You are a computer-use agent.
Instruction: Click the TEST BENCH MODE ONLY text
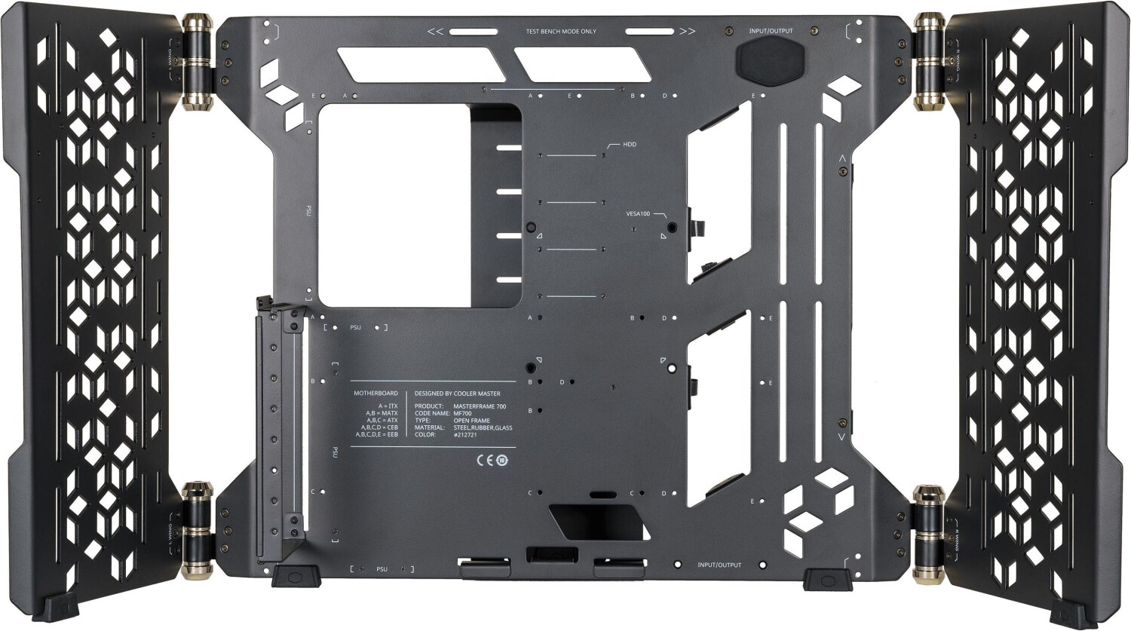click(x=561, y=32)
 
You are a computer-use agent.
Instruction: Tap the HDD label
click(x=629, y=144)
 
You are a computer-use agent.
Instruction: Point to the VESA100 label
click(x=638, y=213)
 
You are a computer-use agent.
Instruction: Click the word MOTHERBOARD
click(x=375, y=394)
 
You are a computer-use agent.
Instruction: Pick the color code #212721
click(x=465, y=435)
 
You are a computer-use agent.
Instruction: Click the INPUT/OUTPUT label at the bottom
click(x=719, y=565)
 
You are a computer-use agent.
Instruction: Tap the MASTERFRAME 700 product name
click(x=480, y=406)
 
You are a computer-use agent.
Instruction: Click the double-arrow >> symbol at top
click(x=687, y=32)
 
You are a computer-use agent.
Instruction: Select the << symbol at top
click(x=435, y=32)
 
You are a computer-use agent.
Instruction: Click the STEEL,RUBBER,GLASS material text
click(x=483, y=427)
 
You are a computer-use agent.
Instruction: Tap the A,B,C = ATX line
click(x=382, y=421)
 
